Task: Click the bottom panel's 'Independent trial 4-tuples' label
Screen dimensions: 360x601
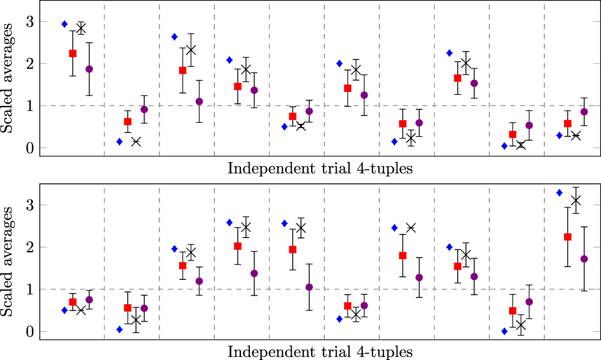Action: click(x=319, y=352)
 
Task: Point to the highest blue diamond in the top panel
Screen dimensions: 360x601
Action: click(x=65, y=24)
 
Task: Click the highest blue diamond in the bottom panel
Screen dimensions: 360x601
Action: click(x=559, y=193)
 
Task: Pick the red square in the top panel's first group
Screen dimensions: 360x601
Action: click(x=73, y=54)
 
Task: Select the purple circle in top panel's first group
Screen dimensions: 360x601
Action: click(x=90, y=69)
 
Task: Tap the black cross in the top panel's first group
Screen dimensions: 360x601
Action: click(x=81, y=28)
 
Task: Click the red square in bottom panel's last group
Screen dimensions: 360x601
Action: click(x=568, y=237)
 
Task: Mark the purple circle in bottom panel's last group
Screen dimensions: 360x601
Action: click(x=585, y=259)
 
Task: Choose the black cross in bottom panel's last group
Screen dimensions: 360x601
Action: click(x=576, y=200)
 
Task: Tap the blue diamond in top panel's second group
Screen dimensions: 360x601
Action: click(x=120, y=141)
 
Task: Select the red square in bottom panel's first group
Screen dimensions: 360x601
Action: click(x=73, y=302)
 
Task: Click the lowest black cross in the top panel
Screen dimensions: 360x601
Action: click(x=521, y=145)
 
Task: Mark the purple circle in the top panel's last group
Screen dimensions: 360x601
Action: click(x=585, y=112)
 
